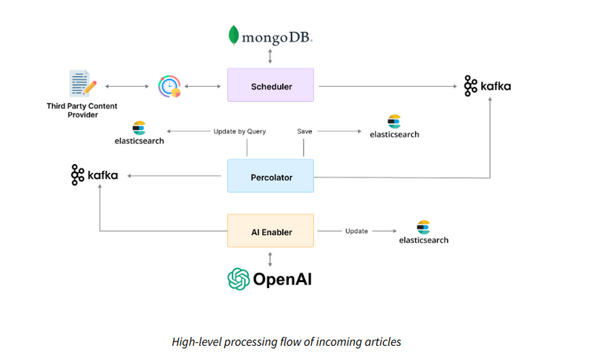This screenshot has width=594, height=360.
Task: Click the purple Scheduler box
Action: coord(270,85)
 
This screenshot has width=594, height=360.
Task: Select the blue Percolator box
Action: coord(270,177)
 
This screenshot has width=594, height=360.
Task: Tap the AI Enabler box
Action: coord(270,231)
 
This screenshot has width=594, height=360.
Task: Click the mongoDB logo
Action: coord(270,35)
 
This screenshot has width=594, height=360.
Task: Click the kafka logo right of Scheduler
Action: coord(488,85)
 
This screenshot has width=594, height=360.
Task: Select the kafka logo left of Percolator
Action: coord(94,175)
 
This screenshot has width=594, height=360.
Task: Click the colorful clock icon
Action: coord(169,86)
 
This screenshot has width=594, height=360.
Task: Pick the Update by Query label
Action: coord(239,131)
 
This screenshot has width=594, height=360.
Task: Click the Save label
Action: coord(304,131)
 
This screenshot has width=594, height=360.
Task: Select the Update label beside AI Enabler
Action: coord(356,231)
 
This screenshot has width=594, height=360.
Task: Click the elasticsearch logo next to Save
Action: coord(394,127)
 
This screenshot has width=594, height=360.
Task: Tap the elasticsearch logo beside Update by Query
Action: coord(139,134)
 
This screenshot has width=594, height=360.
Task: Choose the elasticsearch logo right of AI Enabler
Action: coord(424,232)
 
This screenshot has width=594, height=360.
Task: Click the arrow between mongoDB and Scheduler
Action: coord(270,56)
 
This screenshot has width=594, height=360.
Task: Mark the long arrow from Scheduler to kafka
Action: coord(386,86)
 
